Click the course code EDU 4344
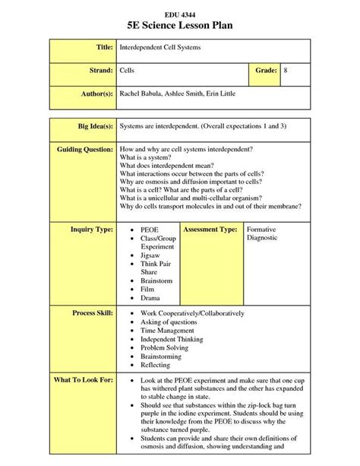point(179,14)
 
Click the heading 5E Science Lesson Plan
point(180,27)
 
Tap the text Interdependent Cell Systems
point(161,47)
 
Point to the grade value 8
point(286,70)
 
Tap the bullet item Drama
point(151,298)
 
